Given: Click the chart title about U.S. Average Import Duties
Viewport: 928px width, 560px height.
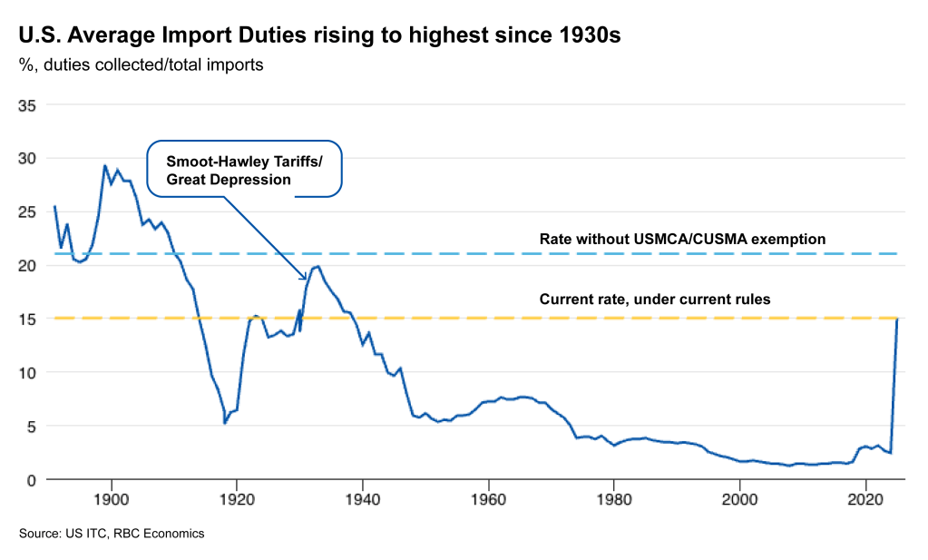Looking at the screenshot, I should pos(320,35).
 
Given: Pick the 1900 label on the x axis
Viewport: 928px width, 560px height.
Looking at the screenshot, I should pos(111,498).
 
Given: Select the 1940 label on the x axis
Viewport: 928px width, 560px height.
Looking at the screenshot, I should pos(363,498).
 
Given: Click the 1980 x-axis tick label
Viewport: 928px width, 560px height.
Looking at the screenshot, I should pos(614,498).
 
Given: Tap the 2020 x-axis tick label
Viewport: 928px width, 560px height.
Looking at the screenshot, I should pos(865,498).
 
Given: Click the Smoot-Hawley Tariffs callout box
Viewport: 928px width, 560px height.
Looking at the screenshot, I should pos(244,169).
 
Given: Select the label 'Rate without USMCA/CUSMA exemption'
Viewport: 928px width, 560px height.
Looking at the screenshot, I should pos(682,240).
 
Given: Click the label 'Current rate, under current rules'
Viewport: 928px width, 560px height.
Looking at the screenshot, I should pos(655,299).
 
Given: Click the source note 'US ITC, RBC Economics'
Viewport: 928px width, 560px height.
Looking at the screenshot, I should pos(112,534).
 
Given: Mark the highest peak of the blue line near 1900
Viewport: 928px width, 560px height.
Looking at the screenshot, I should pos(104,166).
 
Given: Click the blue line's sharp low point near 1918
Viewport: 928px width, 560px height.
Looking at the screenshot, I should pos(224,423).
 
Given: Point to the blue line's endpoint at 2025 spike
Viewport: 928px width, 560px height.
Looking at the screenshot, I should pos(897,319).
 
